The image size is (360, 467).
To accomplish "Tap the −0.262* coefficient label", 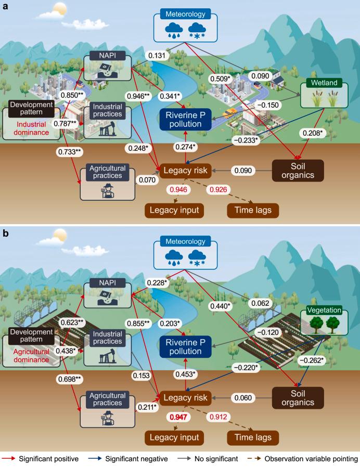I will coord(308,359).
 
